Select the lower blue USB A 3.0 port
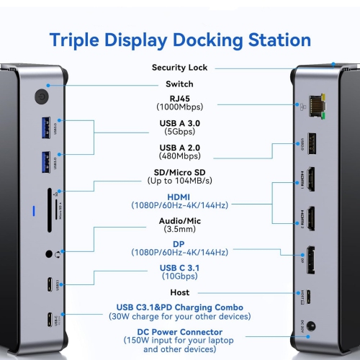coord(48,158)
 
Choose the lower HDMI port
coord(315,219)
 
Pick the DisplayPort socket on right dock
coord(315,260)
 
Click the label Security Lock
coord(179,68)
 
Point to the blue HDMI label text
coord(179,196)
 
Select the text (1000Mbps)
coord(179,107)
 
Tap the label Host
coord(179,293)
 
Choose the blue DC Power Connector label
coord(179,333)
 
